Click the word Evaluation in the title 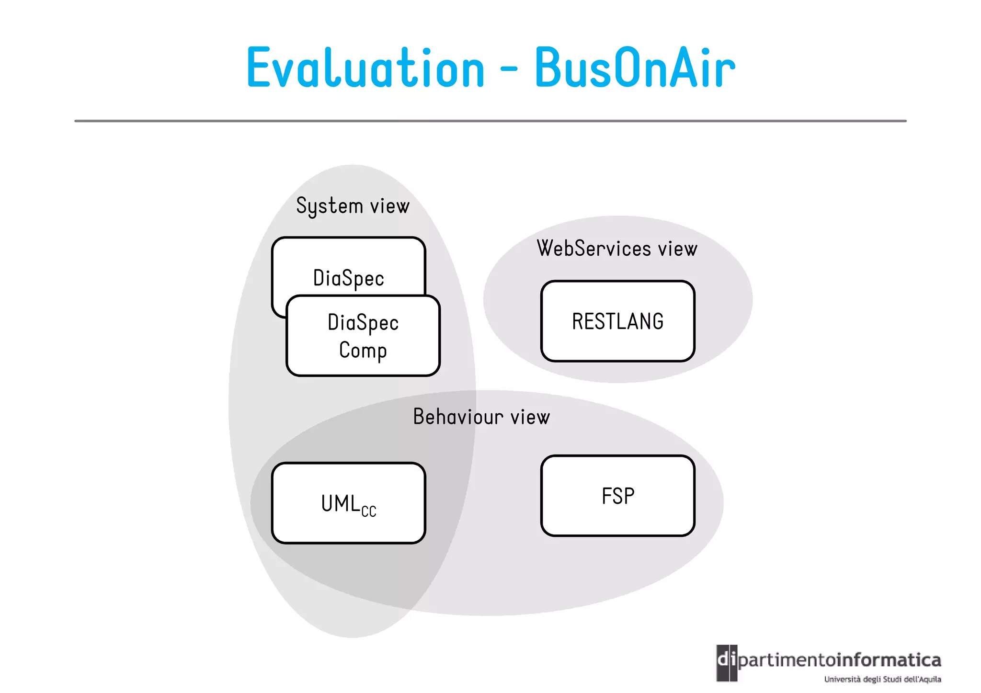coord(365,68)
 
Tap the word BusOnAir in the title coord(635,68)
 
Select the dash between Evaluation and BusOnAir coord(509,69)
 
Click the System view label coord(353,206)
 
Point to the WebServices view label coord(617,249)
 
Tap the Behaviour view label coord(481,417)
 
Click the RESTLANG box coord(617,321)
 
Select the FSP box coord(617,496)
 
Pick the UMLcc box coord(348,503)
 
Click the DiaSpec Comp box coord(363,336)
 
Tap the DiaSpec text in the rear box coord(348,278)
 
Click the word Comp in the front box coord(363,350)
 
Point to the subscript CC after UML coord(369,511)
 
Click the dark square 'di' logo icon coord(727,663)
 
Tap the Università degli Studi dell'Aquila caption coord(882,679)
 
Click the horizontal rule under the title coord(490,121)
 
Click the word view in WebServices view coord(677,249)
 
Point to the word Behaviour coord(458,417)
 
